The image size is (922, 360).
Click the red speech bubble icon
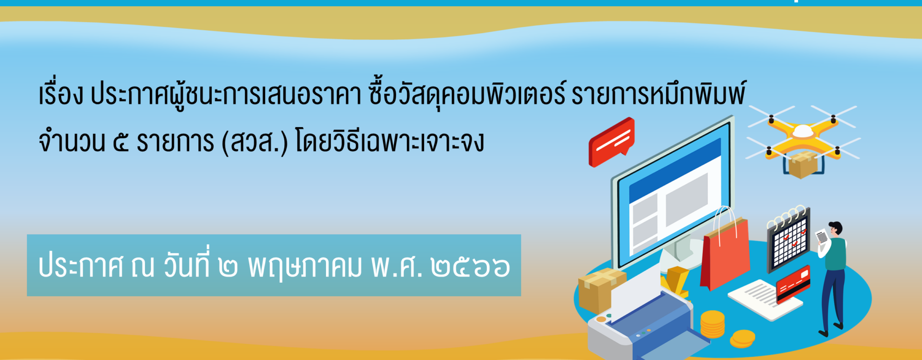coord(611,142)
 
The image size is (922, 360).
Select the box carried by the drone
coord(802,165)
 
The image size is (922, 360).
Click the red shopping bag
coord(725,253)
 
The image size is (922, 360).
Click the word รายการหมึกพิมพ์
coord(658,94)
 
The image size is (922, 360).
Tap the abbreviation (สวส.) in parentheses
coord(255,142)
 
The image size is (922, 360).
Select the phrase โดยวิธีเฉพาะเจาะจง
coord(390,142)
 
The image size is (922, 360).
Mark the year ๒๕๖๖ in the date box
coord(470,267)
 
